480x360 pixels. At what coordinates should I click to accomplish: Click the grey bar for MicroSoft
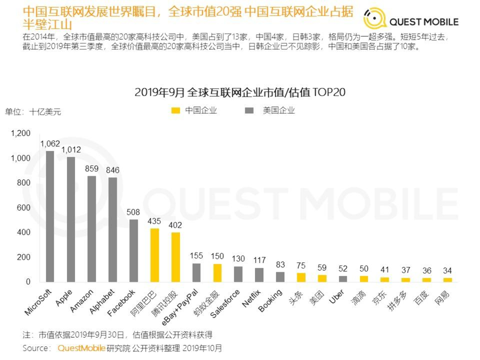(x=50, y=216)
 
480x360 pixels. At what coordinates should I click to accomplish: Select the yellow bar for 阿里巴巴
(x=155, y=255)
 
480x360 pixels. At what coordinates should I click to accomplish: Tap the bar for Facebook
(x=134, y=250)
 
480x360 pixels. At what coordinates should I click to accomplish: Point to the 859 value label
(x=92, y=169)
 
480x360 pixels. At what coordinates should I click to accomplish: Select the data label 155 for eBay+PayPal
(x=196, y=255)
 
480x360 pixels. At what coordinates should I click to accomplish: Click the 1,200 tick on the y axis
(x=21, y=134)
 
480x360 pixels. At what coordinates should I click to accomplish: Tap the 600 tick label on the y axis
(x=24, y=208)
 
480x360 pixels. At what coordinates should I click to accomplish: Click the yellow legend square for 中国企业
(x=175, y=111)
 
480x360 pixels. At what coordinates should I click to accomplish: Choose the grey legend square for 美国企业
(x=249, y=111)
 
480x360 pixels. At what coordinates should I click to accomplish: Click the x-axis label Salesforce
(x=225, y=304)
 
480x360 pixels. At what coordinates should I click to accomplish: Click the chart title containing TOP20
(x=240, y=92)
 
